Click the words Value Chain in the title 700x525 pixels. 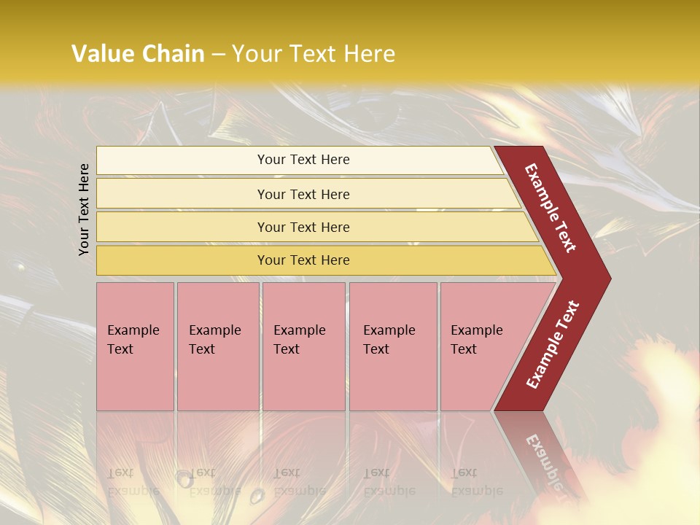[138, 54]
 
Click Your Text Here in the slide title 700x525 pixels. [314, 54]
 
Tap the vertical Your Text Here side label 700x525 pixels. [84, 209]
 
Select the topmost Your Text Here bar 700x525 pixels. [303, 160]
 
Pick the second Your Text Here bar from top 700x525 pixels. [303, 194]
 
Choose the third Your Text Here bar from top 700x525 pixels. [303, 227]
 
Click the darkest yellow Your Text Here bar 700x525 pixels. [303, 260]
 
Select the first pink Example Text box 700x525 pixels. [135, 346]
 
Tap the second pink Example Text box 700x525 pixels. [217, 346]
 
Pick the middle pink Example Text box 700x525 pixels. [303, 346]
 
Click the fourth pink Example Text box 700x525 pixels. [393, 346]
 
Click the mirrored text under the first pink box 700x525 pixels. [133, 482]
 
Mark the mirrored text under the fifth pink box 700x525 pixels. [477, 482]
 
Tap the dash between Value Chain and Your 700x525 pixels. [218, 55]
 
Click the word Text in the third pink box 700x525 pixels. [287, 349]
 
